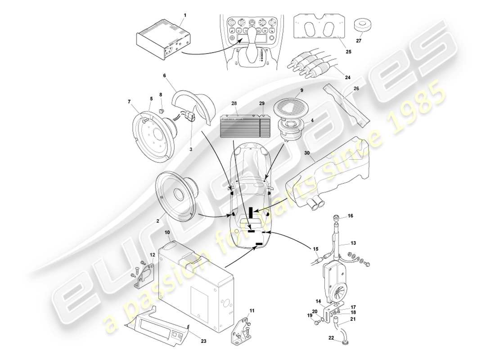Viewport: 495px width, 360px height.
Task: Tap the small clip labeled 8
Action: click(x=162, y=108)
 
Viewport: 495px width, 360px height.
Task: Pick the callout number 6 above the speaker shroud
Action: click(x=165, y=76)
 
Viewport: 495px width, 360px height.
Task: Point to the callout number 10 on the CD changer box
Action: click(x=166, y=233)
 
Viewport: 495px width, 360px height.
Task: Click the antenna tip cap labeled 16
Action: click(x=335, y=218)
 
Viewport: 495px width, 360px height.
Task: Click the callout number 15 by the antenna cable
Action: click(x=315, y=249)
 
